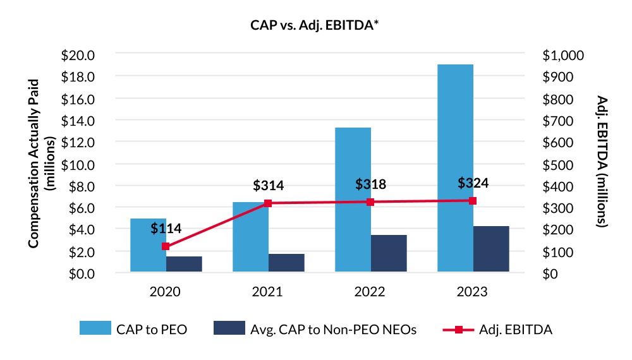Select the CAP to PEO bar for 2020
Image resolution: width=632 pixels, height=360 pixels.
(148, 246)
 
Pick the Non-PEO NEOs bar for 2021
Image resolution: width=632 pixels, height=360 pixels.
(286, 263)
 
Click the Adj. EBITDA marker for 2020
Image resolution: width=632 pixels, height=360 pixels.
(166, 246)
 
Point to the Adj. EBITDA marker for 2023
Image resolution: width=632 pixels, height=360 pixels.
(473, 201)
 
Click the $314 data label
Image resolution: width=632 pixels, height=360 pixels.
(268, 186)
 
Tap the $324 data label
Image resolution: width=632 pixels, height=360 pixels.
(473, 183)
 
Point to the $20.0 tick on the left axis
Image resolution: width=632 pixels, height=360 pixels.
(78, 55)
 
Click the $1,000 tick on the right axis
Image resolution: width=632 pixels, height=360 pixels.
(563, 55)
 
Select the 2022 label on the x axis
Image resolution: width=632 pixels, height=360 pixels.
(370, 292)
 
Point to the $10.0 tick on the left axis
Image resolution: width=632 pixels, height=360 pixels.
(78, 164)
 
